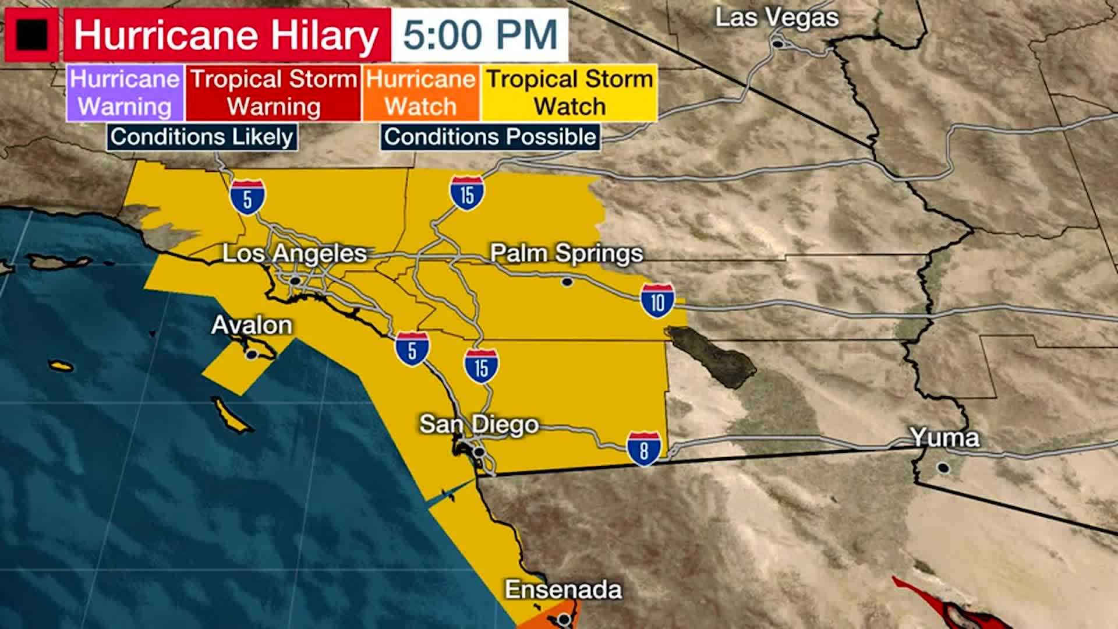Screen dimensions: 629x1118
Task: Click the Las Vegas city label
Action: tap(776, 18)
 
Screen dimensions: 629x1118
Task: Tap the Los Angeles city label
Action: tap(295, 254)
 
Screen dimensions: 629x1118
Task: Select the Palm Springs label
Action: tap(566, 253)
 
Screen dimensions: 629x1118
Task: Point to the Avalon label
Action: tap(252, 325)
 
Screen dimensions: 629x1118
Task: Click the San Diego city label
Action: tap(479, 425)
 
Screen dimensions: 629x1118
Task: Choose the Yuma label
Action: tap(944, 437)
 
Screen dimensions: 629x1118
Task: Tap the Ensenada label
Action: tap(563, 589)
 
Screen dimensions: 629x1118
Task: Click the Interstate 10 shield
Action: tap(657, 301)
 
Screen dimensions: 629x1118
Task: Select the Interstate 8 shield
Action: tap(644, 448)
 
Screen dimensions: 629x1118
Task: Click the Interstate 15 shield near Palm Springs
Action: tap(467, 193)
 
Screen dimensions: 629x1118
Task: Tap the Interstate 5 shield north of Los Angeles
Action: tap(247, 197)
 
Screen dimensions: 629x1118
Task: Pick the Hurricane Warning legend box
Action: tap(125, 93)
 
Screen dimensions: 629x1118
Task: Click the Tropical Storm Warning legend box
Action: tap(273, 93)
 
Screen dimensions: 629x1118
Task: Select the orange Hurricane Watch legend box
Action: tap(421, 93)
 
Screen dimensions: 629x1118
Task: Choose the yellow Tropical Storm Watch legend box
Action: tap(569, 93)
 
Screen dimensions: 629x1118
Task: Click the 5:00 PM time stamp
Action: tap(480, 35)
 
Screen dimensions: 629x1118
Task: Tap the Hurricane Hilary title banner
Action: tap(227, 35)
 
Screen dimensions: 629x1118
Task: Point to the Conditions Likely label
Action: tap(201, 137)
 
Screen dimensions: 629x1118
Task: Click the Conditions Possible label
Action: tap(490, 137)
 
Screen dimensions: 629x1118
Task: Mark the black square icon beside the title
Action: tap(32, 35)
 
